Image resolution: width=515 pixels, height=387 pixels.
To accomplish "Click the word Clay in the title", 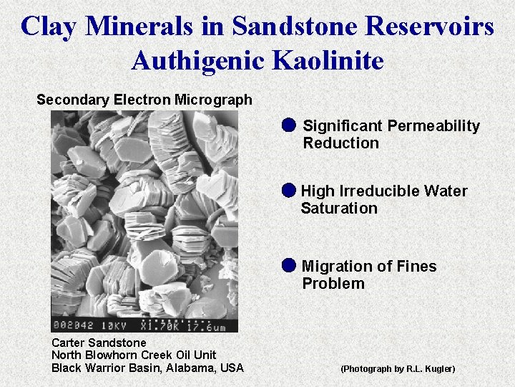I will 49,27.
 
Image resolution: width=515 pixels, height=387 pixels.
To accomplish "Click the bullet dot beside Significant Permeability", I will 288,125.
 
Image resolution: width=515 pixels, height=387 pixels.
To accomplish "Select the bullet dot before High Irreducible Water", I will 288,191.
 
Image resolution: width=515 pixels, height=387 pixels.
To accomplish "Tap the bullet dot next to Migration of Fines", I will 288,265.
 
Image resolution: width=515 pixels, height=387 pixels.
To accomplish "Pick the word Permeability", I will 433,126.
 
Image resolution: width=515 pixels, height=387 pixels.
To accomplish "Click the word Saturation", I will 338,209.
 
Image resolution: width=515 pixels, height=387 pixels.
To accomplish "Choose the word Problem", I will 333,284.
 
